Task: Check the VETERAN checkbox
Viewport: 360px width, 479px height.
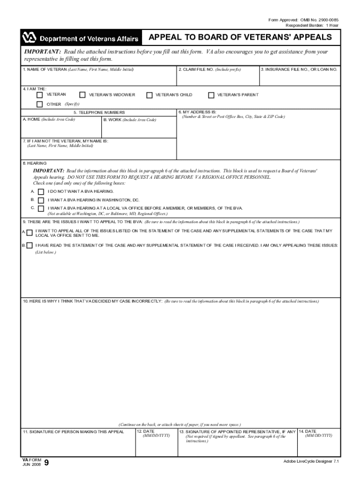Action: pyautogui.click(x=40, y=95)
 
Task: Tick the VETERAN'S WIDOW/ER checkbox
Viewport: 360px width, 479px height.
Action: pyautogui.click(x=83, y=95)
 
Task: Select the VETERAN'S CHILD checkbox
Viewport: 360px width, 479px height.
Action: pyautogui.click(x=149, y=95)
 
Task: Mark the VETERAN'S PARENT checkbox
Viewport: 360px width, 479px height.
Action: pyautogui.click(x=211, y=95)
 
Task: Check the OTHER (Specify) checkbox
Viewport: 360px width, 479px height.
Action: pyautogui.click(x=40, y=104)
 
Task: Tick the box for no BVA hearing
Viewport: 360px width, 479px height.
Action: pyautogui.click(x=41, y=192)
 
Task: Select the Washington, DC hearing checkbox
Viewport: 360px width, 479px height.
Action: pyautogui.click(x=41, y=200)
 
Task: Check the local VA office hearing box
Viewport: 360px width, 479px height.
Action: pyautogui.click(x=41, y=208)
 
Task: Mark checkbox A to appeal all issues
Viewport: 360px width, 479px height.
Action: pyautogui.click(x=30, y=232)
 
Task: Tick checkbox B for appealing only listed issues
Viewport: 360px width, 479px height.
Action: pyautogui.click(x=30, y=245)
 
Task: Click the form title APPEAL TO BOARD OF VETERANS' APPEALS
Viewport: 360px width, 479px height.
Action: pyautogui.click(x=240, y=37)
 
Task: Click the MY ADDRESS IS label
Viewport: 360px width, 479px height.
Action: pyautogui.click(x=197, y=112)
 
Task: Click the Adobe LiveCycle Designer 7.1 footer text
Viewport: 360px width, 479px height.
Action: pyautogui.click(x=310, y=461)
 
